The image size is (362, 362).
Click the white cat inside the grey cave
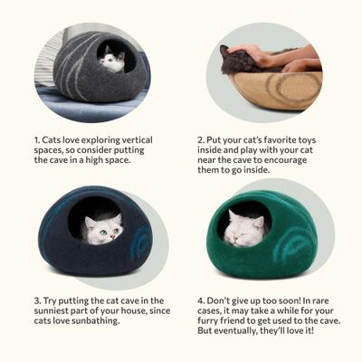tap(112, 61)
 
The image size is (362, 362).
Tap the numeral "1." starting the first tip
tap(39, 138)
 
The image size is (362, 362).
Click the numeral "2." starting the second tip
tap(202, 138)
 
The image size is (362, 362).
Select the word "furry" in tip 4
tap(217, 322)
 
